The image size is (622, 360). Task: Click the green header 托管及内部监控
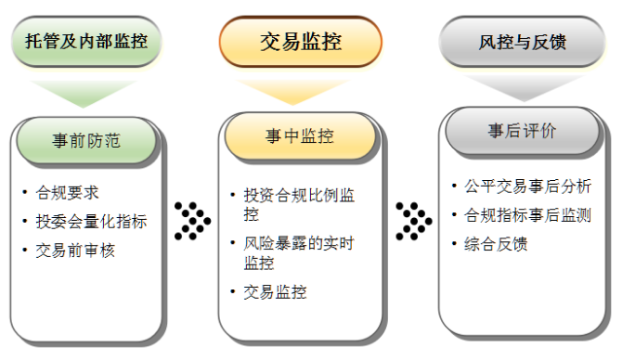85,41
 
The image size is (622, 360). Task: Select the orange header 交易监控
300,41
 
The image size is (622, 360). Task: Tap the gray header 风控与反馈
523,42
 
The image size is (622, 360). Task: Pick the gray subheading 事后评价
522,131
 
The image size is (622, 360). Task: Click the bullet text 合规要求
67,194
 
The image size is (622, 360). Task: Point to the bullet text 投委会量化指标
91,222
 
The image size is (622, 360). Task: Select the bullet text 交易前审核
75,250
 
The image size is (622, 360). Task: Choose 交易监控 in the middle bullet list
275,292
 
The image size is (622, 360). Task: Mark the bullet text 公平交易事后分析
527,186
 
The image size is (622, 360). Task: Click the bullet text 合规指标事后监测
527,215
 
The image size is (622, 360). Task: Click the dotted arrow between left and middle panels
192,221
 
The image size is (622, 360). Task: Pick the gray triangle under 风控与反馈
522,86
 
